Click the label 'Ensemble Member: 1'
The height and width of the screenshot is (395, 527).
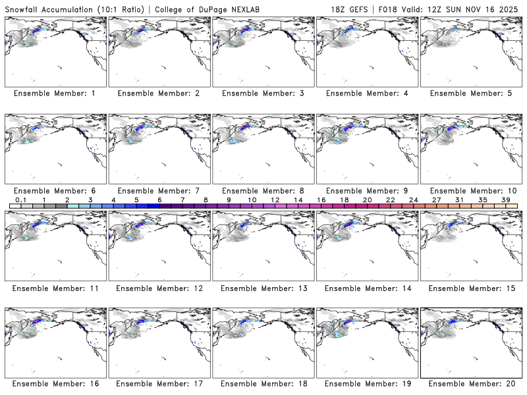(x=55, y=93)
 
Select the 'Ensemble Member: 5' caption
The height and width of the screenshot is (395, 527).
(x=470, y=93)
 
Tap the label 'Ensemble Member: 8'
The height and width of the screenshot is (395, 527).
(x=262, y=190)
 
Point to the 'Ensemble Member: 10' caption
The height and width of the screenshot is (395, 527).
(x=470, y=190)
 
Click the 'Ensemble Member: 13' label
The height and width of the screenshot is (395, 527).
(x=262, y=288)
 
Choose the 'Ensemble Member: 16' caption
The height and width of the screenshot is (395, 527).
(x=55, y=383)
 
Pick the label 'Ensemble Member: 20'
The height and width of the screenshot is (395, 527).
(x=470, y=383)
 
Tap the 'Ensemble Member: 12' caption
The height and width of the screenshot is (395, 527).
(x=159, y=288)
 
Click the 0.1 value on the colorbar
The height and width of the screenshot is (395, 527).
(x=20, y=199)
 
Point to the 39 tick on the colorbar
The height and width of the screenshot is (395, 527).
(x=506, y=199)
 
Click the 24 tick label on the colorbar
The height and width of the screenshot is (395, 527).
(x=414, y=199)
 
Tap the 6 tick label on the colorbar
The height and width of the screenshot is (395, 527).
(x=159, y=199)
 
